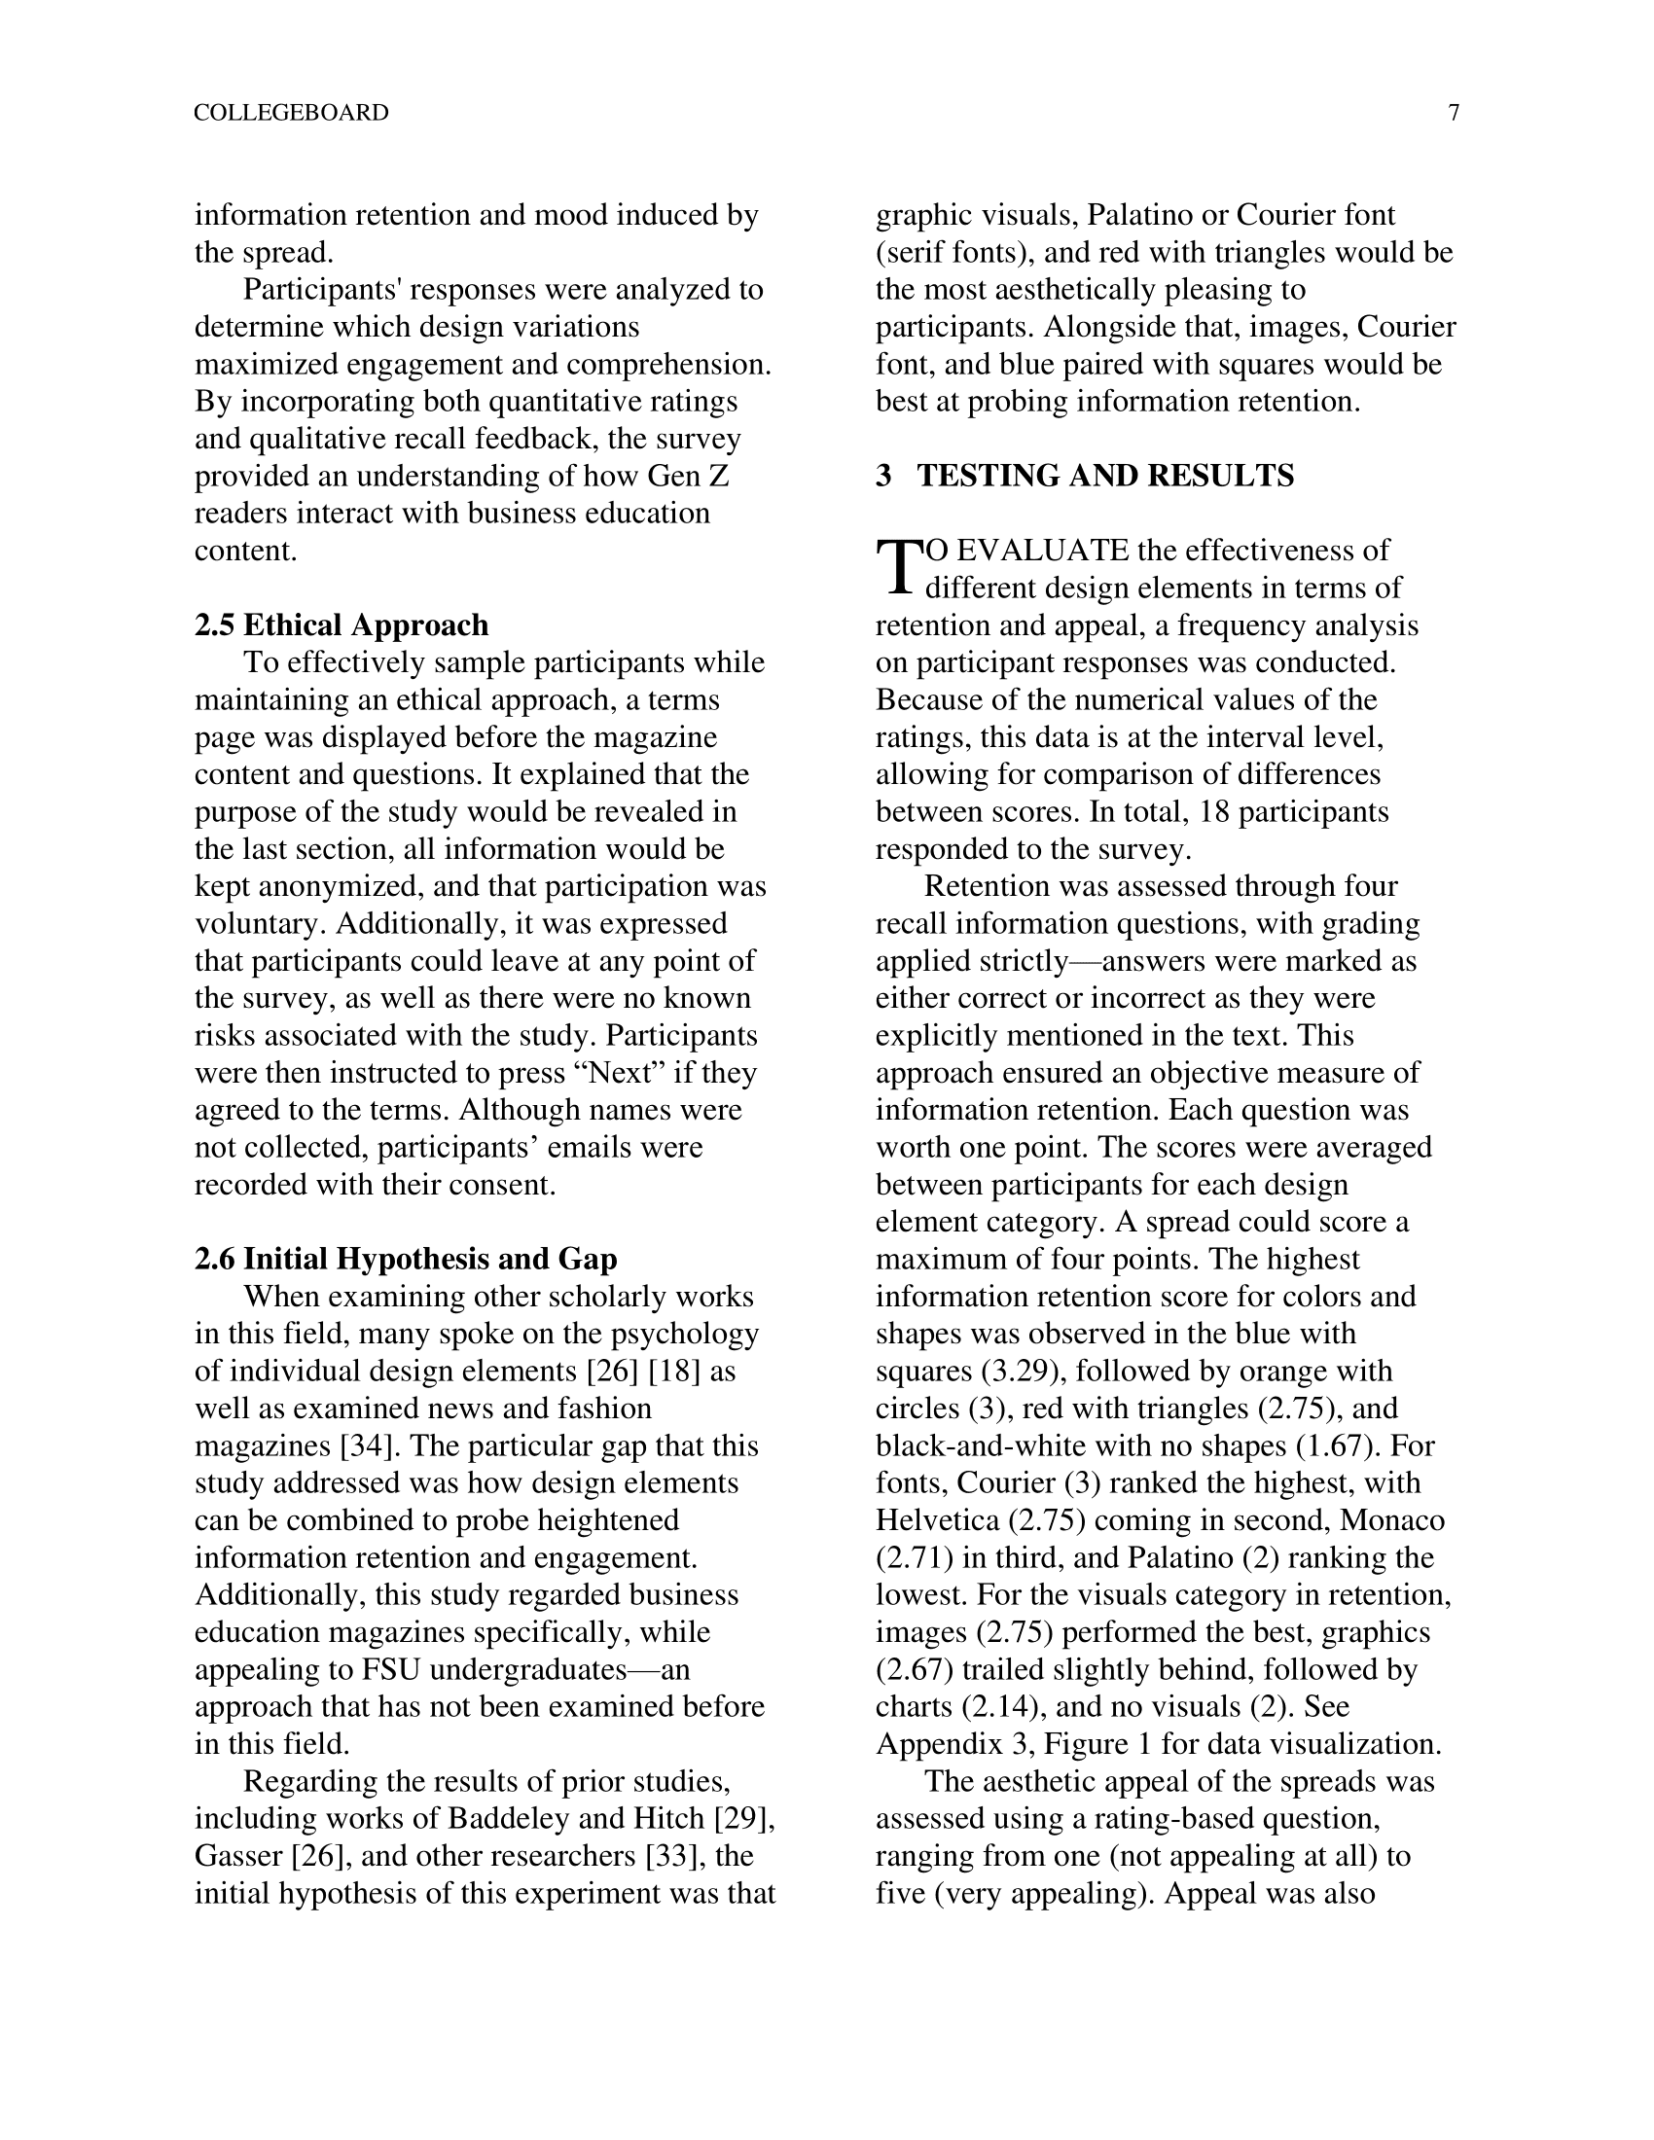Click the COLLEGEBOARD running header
[x=291, y=113]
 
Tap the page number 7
[x=1454, y=113]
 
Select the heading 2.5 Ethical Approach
[x=341, y=625]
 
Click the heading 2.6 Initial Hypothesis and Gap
[x=406, y=1259]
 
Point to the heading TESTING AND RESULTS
[x=1104, y=477]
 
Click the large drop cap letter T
[x=898, y=568]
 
